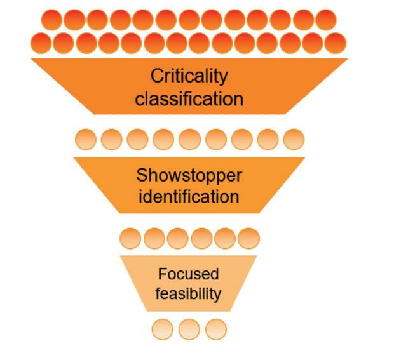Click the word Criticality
(189, 77)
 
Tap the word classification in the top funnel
(189, 99)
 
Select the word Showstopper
(189, 175)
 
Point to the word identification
(189, 196)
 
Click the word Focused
(189, 274)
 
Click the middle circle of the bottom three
(189, 330)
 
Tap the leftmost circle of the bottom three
(163, 330)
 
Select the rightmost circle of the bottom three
(216, 330)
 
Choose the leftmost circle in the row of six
(131, 238)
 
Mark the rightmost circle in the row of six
(248, 238)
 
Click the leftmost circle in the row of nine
(86, 138)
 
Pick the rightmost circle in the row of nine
(294, 138)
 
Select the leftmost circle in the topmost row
(52, 20)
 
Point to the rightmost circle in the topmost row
(325, 20)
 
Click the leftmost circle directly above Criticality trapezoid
(41, 43)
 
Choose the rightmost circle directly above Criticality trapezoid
(336, 43)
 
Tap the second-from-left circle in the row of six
(154, 238)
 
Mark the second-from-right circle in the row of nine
(268, 138)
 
